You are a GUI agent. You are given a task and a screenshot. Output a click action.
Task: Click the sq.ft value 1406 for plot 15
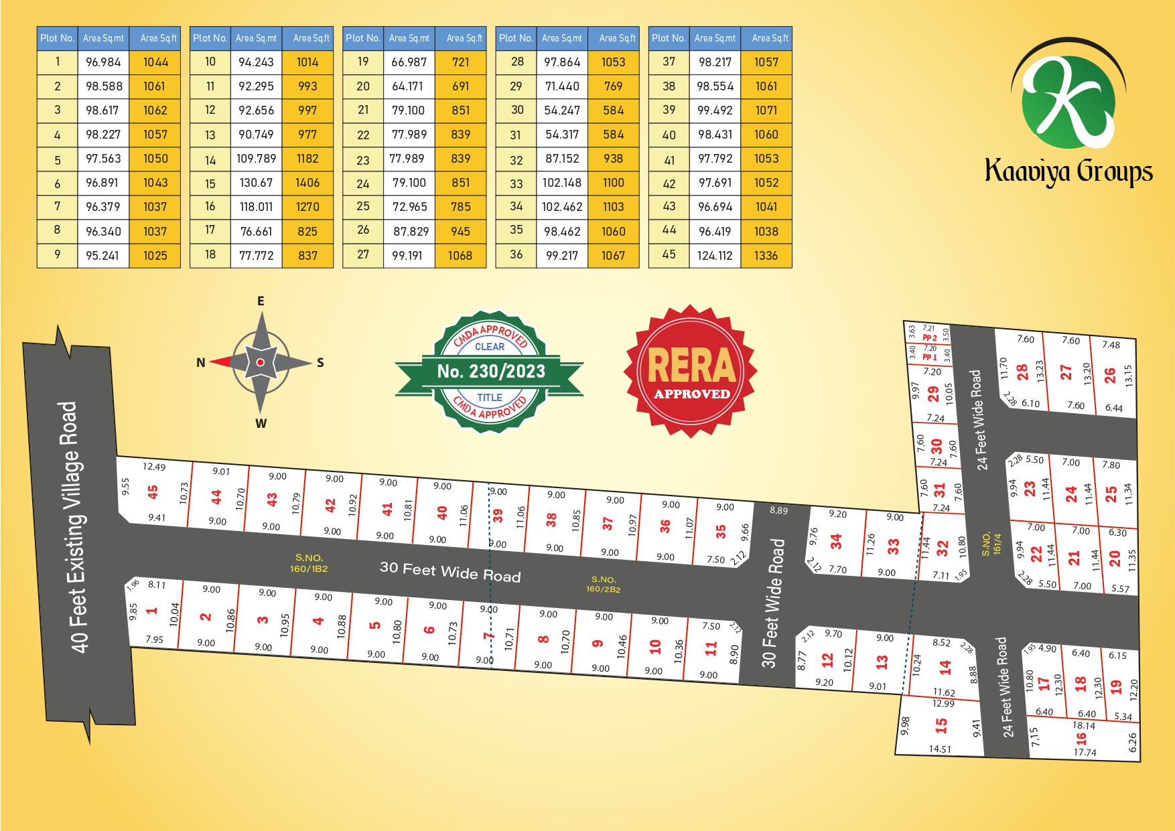point(307,183)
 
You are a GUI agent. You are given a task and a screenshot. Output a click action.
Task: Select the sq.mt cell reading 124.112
point(715,256)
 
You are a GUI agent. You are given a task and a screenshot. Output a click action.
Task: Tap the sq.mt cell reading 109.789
point(256,159)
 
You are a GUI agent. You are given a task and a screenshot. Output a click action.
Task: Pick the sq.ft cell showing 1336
point(766,256)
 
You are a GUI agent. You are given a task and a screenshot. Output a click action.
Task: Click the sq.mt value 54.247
point(562,110)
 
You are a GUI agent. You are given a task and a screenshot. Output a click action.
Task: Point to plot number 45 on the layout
point(153,492)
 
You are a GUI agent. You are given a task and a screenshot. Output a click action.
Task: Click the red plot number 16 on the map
point(1081,739)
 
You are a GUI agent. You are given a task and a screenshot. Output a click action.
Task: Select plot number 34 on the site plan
point(836,542)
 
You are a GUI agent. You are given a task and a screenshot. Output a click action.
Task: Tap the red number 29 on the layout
point(932,394)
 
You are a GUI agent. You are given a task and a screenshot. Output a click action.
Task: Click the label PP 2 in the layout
point(930,338)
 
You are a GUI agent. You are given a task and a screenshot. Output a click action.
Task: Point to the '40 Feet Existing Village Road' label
point(74,527)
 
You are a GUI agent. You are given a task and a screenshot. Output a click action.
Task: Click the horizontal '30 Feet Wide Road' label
point(450,571)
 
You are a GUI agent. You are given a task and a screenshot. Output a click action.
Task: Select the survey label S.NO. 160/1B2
point(309,563)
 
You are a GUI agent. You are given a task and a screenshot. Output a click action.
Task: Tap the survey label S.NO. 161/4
point(991,544)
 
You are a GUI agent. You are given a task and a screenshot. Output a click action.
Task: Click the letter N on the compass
point(200,363)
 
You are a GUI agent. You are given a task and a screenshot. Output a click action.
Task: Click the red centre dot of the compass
point(261,362)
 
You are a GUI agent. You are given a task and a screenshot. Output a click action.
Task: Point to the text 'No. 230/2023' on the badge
point(491,372)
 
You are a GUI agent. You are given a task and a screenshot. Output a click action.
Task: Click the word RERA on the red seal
point(691,365)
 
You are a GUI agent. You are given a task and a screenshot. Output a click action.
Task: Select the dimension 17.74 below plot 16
point(1085,753)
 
